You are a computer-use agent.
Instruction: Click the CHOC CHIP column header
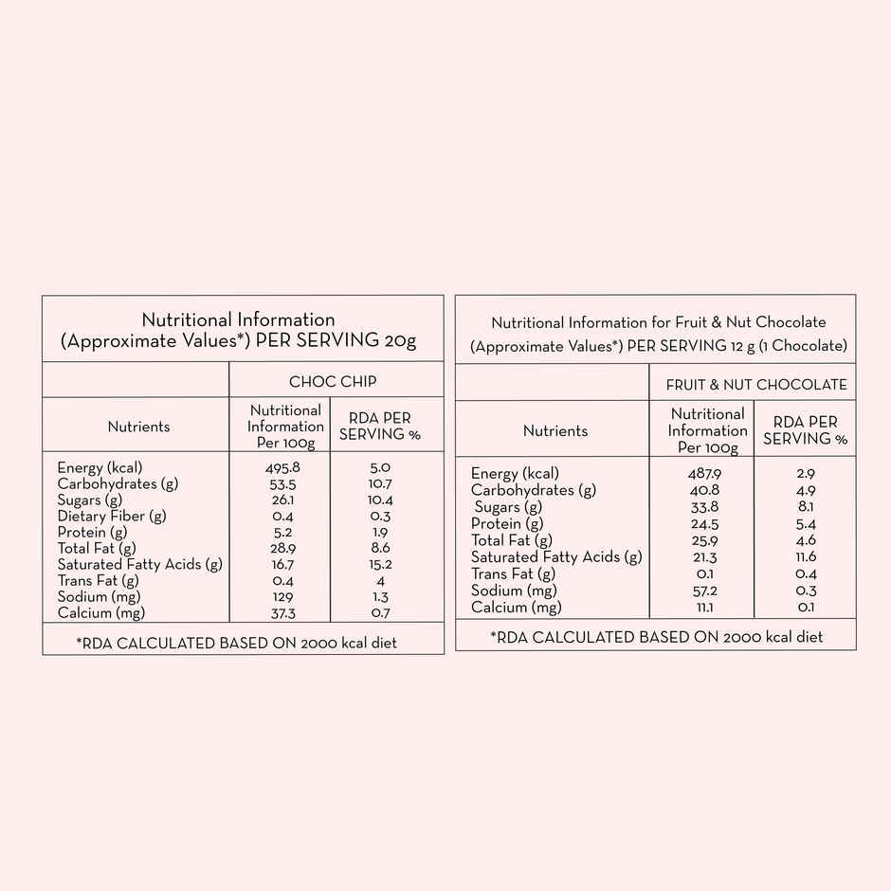tap(333, 381)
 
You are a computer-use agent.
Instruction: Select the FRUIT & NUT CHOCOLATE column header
tap(756, 385)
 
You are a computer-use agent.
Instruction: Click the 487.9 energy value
tap(702, 473)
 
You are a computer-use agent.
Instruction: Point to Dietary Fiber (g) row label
tap(112, 516)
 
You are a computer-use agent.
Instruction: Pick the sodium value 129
tap(282, 597)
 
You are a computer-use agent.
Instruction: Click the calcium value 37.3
tap(282, 613)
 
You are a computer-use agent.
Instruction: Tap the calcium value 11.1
tap(702, 608)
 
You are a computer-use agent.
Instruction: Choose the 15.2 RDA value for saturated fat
tap(379, 565)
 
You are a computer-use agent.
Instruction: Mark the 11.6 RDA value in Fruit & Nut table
tap(806, 557)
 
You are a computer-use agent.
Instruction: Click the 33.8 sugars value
tap(702, 507)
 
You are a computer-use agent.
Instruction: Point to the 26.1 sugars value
tap(282, 500)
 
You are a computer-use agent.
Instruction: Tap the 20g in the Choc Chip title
tap(400, 341)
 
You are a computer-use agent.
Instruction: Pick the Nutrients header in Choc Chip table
tap(138, 427)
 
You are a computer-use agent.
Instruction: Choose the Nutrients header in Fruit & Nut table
tap(555, 431)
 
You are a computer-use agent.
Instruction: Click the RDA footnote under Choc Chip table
tap(237, 643)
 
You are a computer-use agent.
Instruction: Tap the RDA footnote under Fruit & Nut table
tap(656, 637)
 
